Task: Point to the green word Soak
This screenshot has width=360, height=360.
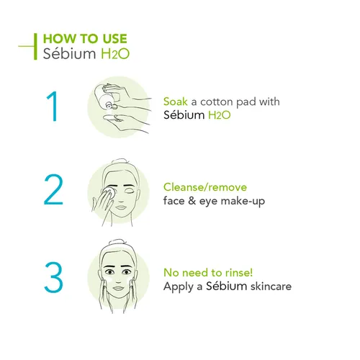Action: point(176,102)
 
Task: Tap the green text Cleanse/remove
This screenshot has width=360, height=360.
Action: point(205,186)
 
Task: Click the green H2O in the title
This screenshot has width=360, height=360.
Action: point(117,53)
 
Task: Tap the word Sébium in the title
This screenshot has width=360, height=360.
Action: point(68,53)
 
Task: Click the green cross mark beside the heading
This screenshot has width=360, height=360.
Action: point(30,45)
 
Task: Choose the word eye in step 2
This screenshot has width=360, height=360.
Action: point(206,200)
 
